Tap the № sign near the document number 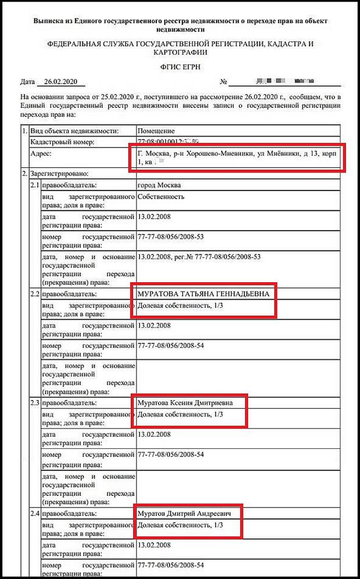pyautogui.click(x=223, y=82)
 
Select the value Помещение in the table pyautogui.click(x=156, y=131)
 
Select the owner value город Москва pyautogui.click(x=159, y=185)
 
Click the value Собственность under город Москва pyautogui.click(x=161, y=196)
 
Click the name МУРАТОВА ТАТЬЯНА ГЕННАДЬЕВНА pyautogui.click(x=203, y=294)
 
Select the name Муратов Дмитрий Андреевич pyautogui.click(x=186, y=513)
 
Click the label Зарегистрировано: pyautogui.click(x=58, y=174)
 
